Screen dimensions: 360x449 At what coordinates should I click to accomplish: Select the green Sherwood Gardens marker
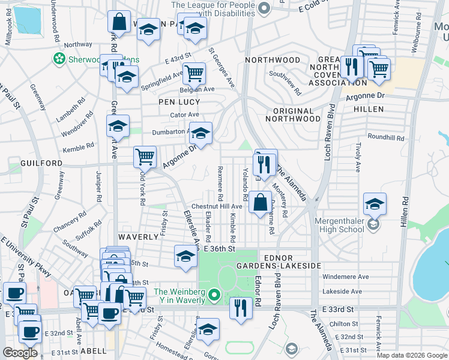tap(59, 59)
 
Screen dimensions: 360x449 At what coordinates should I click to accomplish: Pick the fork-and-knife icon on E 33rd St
tap(240, 308)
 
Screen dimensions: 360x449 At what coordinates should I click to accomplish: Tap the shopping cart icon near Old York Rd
tap(145, 157)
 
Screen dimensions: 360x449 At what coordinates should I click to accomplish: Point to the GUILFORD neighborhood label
tap(24, 163)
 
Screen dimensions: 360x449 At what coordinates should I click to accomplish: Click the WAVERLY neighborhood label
tap(137, 237)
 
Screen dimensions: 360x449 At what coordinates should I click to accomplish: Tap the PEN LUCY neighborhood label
tap(179, 103)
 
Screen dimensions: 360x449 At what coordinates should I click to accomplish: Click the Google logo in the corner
tap(20, 352)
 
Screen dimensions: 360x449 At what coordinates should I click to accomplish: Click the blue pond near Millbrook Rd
tap(26, 20)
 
